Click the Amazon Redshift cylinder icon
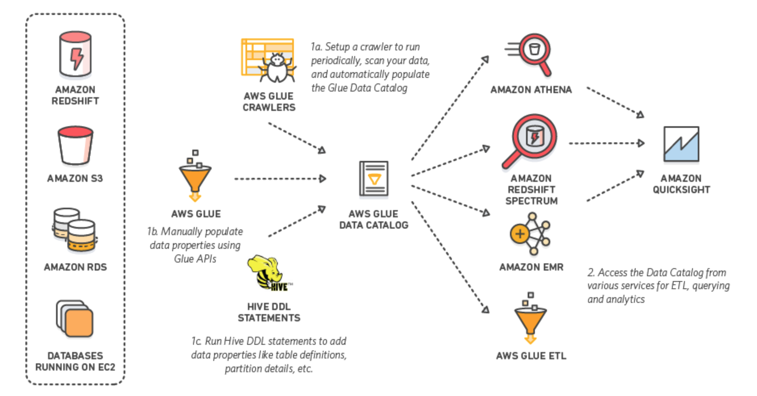point(75,54)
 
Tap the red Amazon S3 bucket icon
point(75,146)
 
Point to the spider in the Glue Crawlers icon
point(277,68)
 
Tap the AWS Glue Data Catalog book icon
point(374,178)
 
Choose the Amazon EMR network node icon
point(530,234)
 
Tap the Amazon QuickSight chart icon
point(681,144)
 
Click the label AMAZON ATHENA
point(531,90)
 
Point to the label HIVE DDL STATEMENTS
point(269,312)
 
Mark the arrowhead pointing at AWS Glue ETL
point(486,310)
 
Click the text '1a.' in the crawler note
point(316,47)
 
